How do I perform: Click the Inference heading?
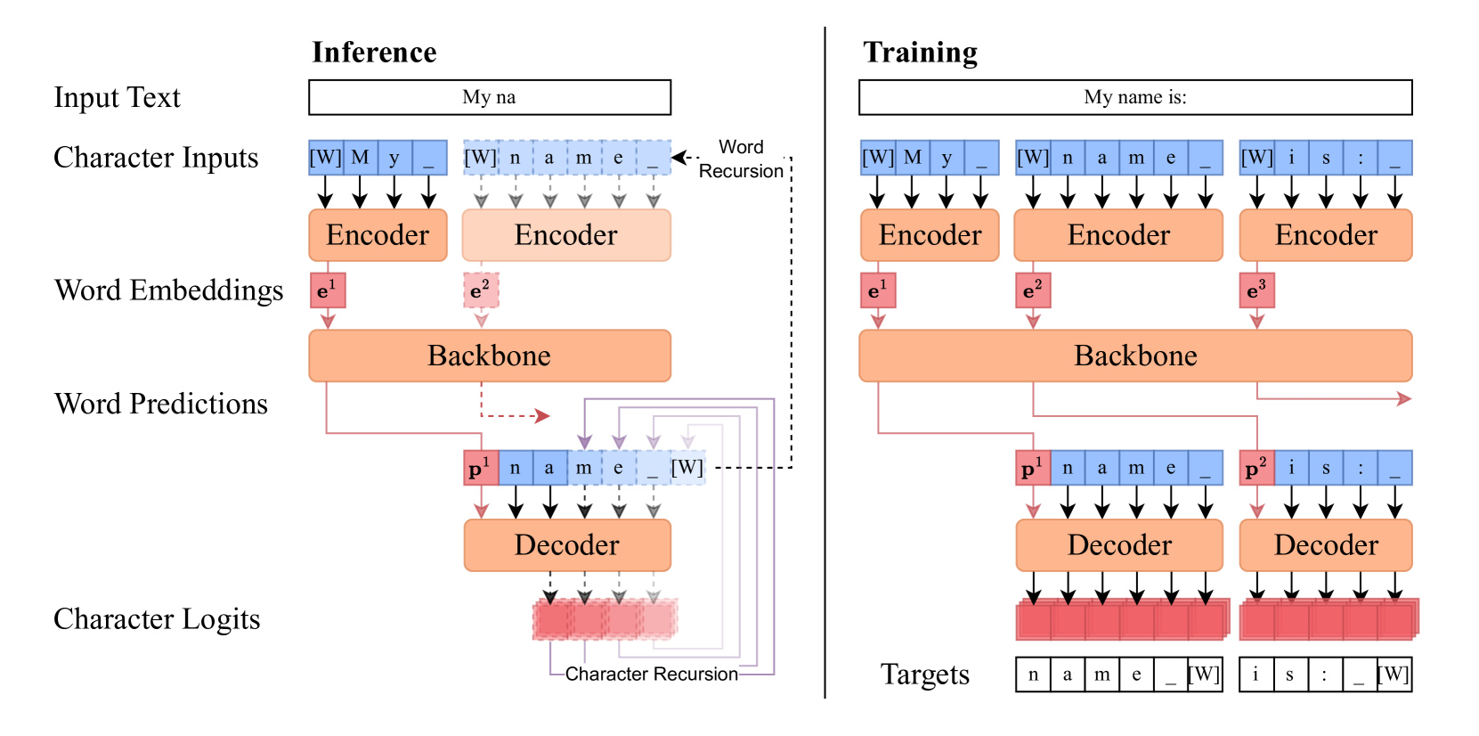(x=374, y=53)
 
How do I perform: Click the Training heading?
(x=920, y=53)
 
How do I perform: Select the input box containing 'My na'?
(x=489, y=97)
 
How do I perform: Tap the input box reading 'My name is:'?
(x=1134, y=97)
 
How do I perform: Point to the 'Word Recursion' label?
(x=741, y=159)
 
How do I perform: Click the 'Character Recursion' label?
(x=651, y=674)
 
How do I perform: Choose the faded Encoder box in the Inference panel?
(x=565, y=235)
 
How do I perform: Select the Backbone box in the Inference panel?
(x=489, y=356)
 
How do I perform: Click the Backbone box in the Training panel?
(x=1134, y=356)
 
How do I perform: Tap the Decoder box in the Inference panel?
(x=566, y=545)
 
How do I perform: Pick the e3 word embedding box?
(x=1256, y=290)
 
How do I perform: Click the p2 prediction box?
(x=1256, y=468)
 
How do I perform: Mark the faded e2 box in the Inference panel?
(x=481, y=290)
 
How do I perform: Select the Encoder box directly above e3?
(x=1325, y=235)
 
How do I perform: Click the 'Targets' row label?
(x=924, y=675)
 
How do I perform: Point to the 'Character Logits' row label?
(x=157, y=619)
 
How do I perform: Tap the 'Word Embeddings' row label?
(x=169, y=290)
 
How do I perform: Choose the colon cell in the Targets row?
(x=1324, y=675)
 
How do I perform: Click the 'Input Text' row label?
(x=117, y=97)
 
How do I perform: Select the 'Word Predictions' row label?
(x=161, y=404)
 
